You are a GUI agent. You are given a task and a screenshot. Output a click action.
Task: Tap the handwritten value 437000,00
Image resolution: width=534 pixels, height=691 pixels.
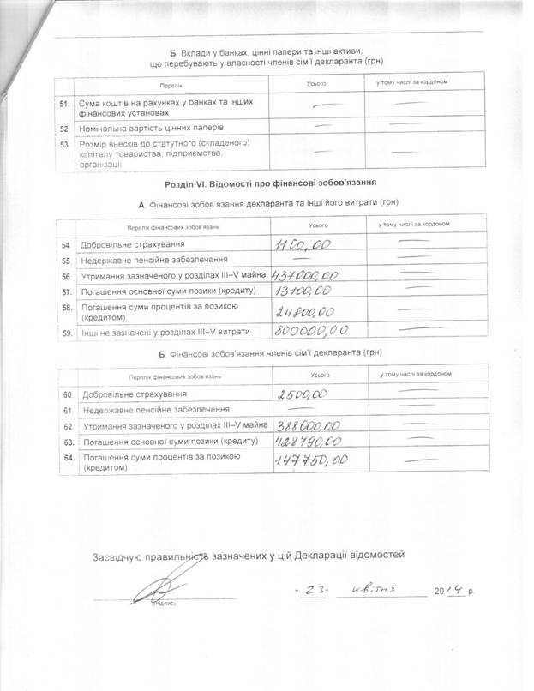(306, 276)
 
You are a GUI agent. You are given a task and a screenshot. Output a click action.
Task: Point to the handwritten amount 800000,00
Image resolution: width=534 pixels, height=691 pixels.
(310, 329)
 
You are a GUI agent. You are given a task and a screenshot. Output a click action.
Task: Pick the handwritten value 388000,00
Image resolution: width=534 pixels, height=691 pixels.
(309, 425)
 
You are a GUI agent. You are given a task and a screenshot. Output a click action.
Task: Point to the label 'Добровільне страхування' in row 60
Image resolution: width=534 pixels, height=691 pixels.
(133, 394)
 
